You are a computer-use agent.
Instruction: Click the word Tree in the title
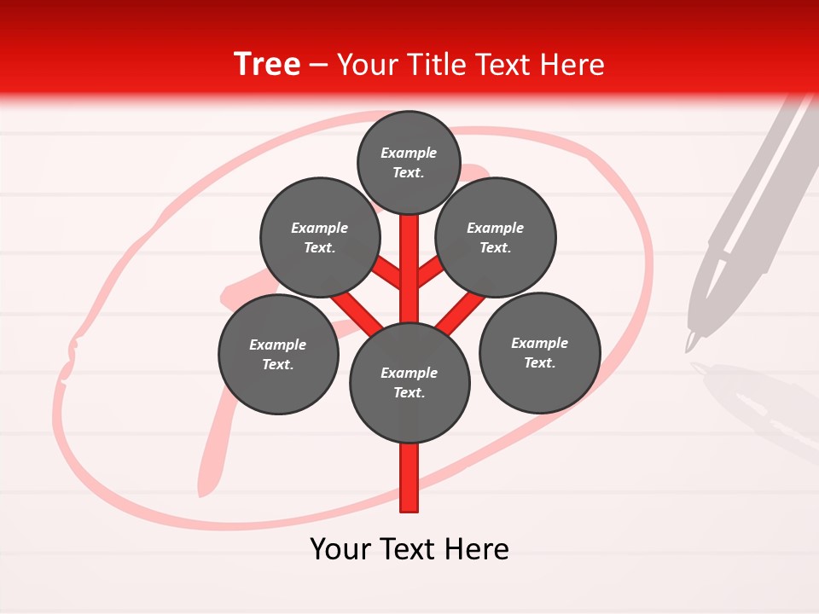[x=267, y=65]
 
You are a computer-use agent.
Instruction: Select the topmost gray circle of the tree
[x=409, y=162]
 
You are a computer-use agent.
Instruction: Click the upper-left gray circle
[x=319, y=237]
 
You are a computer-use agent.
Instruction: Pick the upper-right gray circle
[x=496, y=237]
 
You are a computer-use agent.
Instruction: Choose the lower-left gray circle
[x=278, y=354]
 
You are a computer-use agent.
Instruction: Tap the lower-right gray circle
[x=539, y=352]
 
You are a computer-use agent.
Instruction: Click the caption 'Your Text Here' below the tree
[x=409, y=549]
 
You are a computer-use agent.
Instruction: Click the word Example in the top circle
[x=409, y=153]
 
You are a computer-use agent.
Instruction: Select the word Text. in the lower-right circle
[x=539, y=362]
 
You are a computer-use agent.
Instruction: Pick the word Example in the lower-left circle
[x=278, y=345]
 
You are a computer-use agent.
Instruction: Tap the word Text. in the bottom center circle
[x=409, y=392]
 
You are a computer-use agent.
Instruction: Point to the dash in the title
[x=318, y=66]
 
